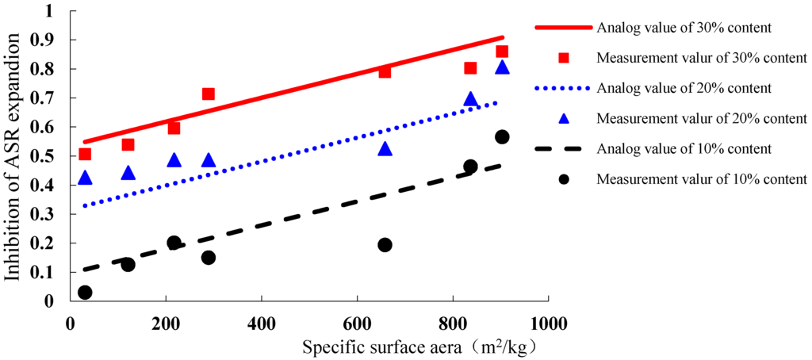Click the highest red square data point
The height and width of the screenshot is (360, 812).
pyautogui.click(x=501, y=52)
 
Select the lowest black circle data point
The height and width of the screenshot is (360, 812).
pyautogui.click(x=85, y=292)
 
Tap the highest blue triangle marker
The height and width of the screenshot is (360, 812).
pyautogui.click(x=501, y=67)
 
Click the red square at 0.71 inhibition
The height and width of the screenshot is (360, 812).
pyautogui.click(x=208, y=94)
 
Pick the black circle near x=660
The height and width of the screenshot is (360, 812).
pyautogui.click(x=385, y=245)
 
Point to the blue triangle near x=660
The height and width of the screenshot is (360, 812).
pyautogui.click(x=385, y=149)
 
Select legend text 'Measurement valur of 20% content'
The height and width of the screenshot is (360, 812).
pyautogui.click(x=702, y=118)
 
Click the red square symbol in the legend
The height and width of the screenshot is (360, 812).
pyautogui.click(x=564, y=58)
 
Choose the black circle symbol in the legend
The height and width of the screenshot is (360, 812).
pyautogui.click(x=564, y=178)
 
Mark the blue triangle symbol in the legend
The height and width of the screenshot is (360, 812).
pyautogui.click(x=564, y=118)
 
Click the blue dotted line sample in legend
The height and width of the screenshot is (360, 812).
pyautogui.click(x=564, y=88)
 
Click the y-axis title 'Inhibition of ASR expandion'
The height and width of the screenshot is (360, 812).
pyautogui.click(x=13, y=156)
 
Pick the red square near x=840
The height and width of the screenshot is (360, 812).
pyautogui.click(x=470, y=68)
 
